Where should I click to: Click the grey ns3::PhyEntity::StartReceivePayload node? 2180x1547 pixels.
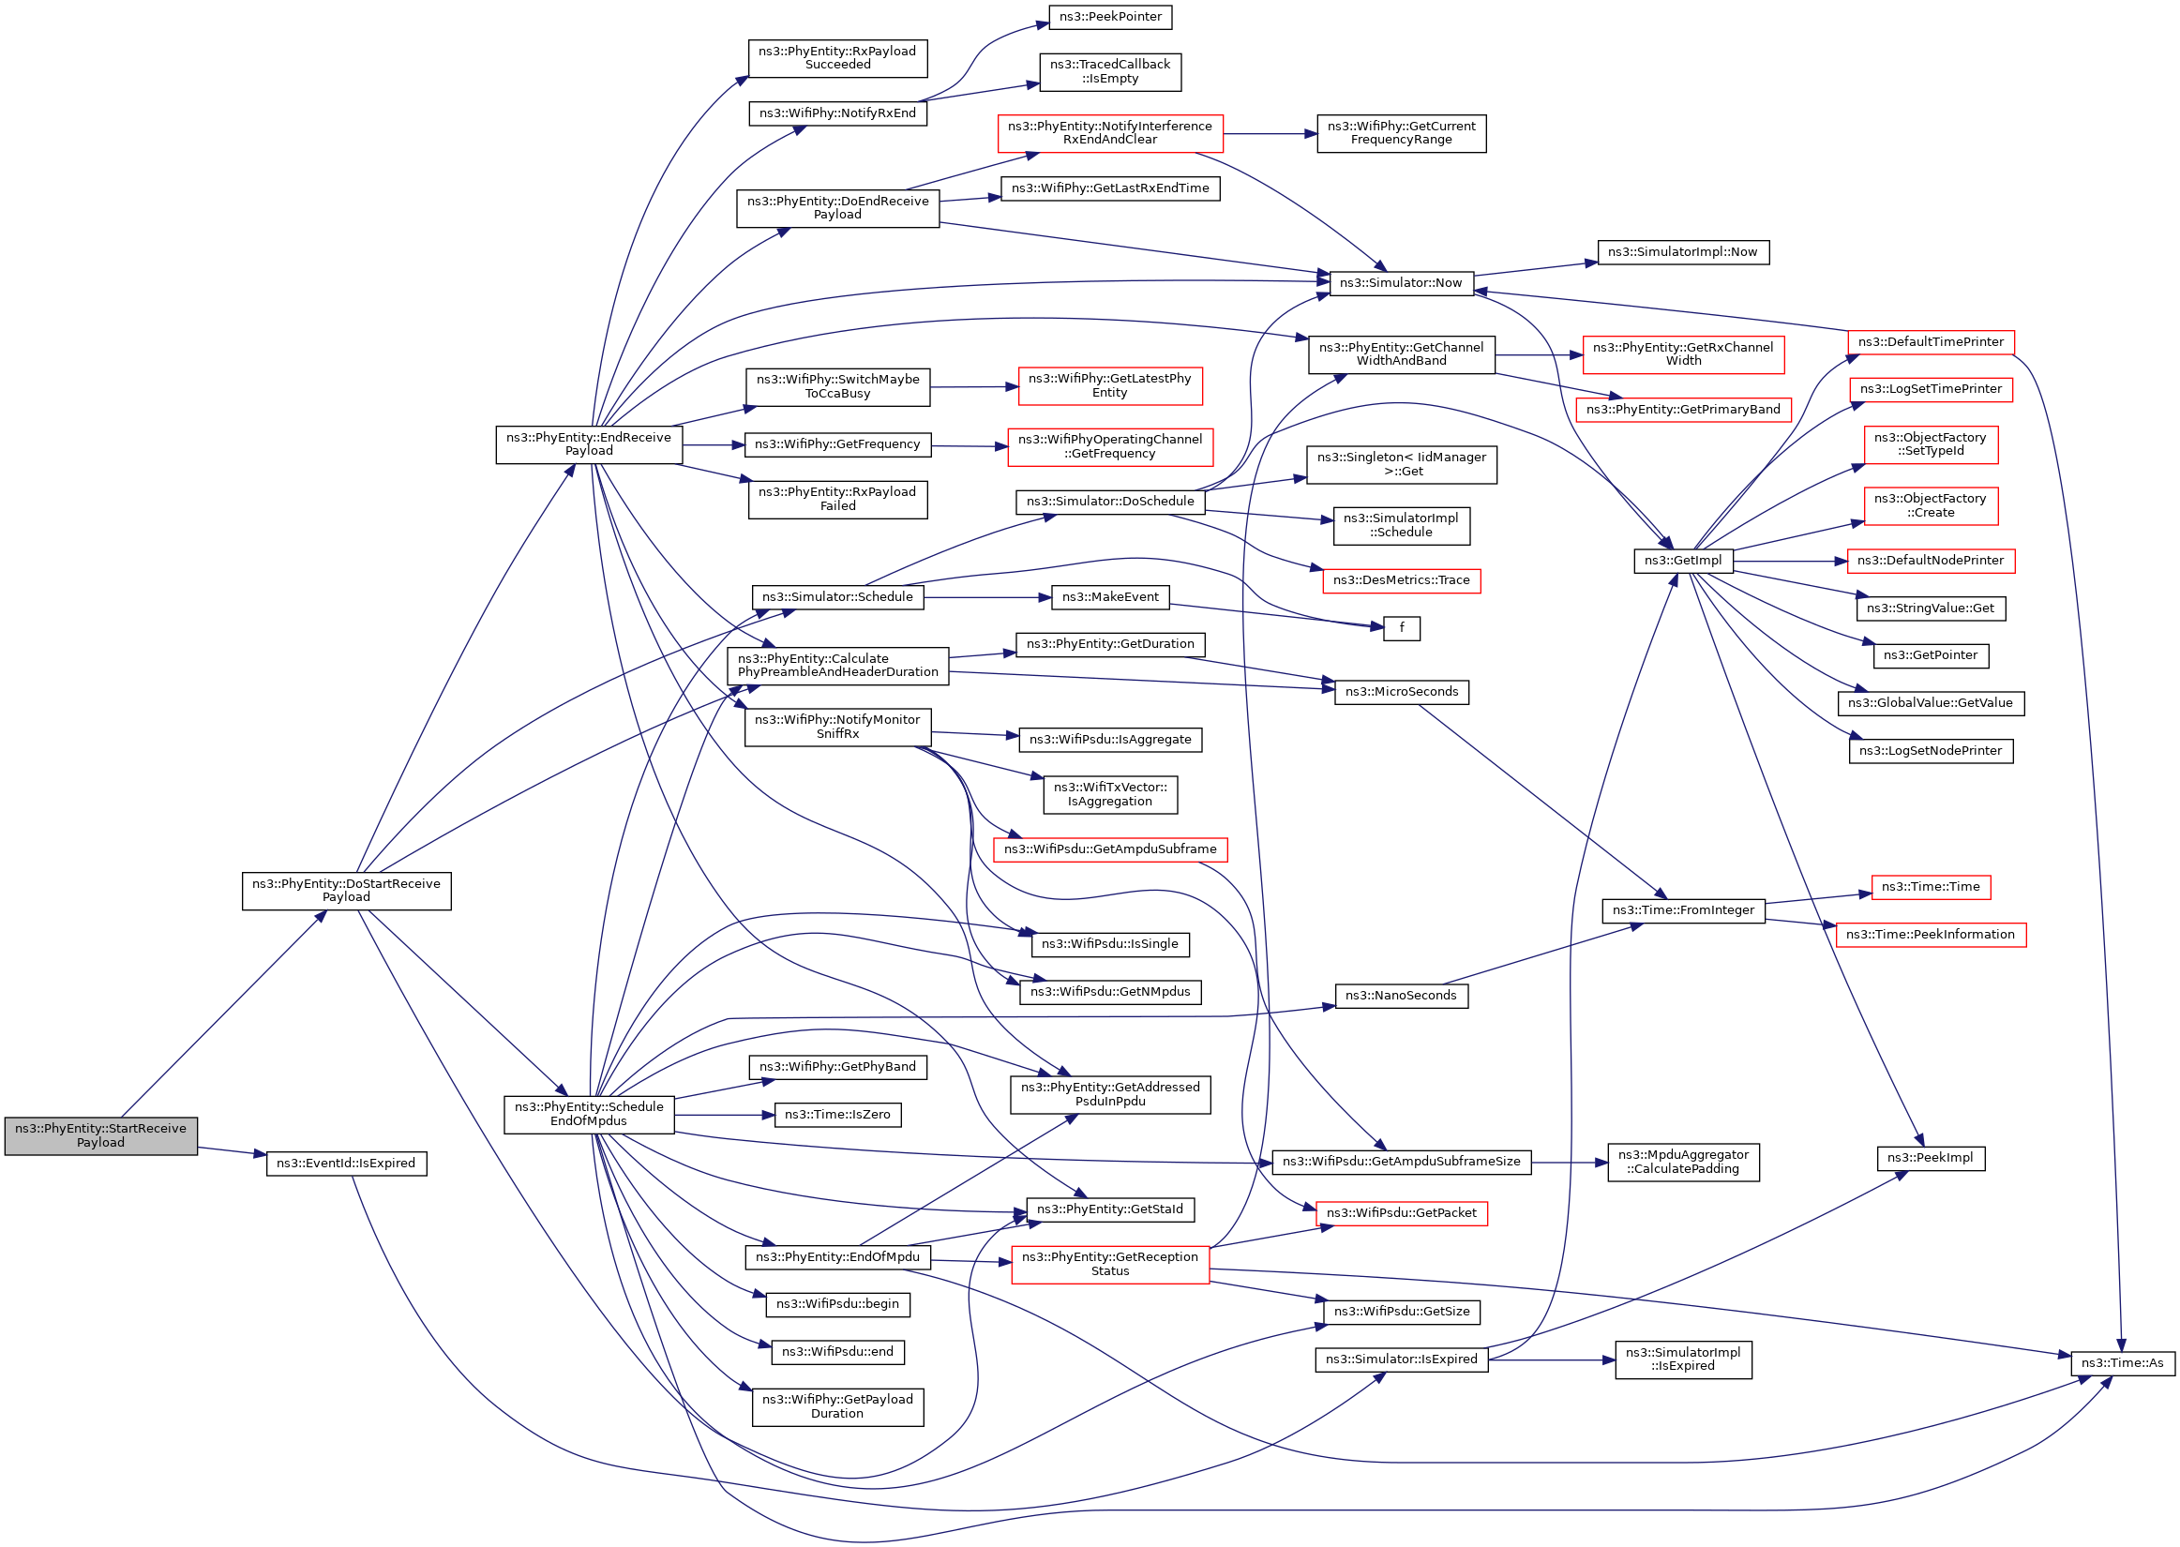click(101, 1135)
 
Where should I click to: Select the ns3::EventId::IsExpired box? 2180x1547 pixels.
click(346, 1164)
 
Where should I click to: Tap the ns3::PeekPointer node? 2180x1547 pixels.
click(1109, 17)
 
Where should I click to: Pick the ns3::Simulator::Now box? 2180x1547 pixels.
click(1400, 283)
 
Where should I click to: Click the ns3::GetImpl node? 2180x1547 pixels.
click(1682, 561)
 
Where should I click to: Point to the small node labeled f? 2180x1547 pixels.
click(1401, 628)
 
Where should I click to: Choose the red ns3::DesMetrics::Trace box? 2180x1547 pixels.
click(1400, 580)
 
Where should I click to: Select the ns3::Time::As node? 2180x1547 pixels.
click(2121, 1363)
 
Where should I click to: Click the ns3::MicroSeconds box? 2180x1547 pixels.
click(1401, 692)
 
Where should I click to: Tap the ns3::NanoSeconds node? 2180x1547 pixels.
click(1400, 996)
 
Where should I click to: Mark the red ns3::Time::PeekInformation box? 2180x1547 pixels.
click(1930, 935)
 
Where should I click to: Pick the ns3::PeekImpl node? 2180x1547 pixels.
click(1930, 1157)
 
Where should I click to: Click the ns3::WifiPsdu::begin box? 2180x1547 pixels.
click(836, 1304)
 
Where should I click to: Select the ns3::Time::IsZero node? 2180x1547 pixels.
click(836, 1115)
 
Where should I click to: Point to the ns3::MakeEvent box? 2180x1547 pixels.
click(1109, 597)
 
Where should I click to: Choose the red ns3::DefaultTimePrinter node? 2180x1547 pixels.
click(1930, 342)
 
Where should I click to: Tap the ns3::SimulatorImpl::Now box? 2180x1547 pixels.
click(1682, 252)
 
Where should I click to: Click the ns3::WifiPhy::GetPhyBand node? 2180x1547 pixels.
click(836, 1067)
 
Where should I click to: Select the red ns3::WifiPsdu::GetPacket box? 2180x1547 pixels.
click(1400, 1213)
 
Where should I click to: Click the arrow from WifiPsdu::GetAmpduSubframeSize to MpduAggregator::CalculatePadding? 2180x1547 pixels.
click(1569, 1163)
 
